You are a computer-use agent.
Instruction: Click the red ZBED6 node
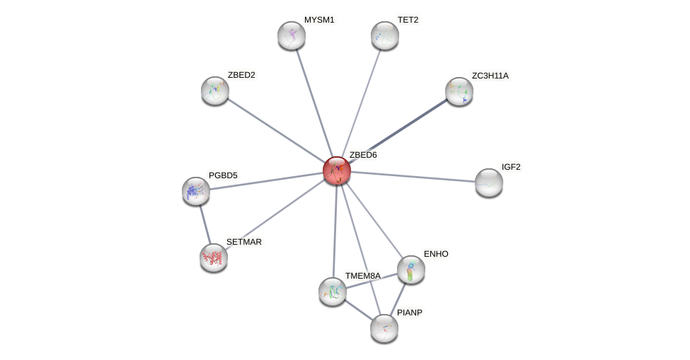336,170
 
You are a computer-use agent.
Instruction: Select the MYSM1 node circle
292,35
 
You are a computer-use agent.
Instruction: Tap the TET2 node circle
385,35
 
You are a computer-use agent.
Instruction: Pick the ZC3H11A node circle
459,91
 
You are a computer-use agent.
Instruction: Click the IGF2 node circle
489,182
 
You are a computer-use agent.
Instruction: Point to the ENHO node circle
411,269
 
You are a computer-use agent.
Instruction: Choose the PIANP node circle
384,327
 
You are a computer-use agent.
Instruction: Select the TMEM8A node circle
333,291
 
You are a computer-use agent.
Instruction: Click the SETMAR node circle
214,257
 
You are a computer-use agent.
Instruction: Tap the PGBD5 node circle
196,191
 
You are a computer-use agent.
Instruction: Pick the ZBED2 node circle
215,91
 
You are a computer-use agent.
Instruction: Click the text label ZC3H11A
490,76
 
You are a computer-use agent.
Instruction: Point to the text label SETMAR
244,242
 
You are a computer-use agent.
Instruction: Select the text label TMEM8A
362,275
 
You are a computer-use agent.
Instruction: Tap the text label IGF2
511,167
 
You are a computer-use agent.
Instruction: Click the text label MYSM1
319,20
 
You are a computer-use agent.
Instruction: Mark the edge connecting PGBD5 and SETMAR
205,224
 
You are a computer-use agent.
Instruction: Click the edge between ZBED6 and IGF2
413,177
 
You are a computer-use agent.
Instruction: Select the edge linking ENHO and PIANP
398,297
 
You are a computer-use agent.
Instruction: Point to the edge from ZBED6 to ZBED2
276,131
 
